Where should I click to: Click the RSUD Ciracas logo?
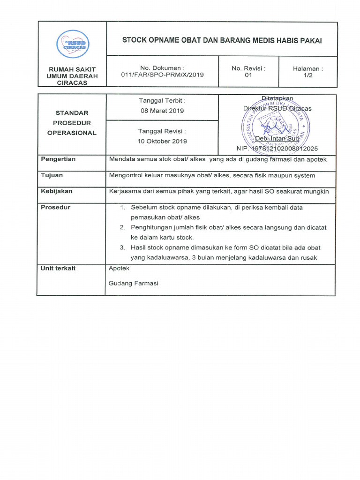coord(72,45)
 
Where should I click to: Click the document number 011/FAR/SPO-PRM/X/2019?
coord(162,75)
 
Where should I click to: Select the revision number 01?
coord(248,75)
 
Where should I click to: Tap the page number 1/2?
coord(307,75)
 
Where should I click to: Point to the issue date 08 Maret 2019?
coord(162,111)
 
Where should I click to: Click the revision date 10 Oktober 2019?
coord(162,141)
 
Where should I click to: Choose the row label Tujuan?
coord(52,175)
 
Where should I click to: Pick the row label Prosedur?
coord(55,207)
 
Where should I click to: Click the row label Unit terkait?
coord(58,269)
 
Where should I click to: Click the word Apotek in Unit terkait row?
coord(119,269)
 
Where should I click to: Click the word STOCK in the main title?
coord(134,40)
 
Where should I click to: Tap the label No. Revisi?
coord(248,68)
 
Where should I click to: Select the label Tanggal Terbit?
coord(162,101)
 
